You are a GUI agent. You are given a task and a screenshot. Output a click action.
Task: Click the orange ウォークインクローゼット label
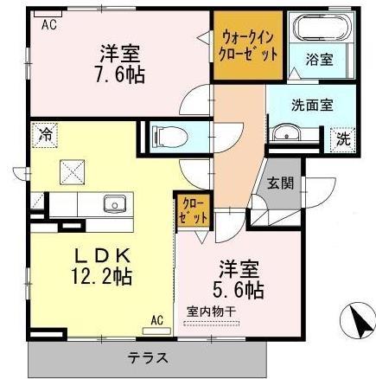click(248, 45)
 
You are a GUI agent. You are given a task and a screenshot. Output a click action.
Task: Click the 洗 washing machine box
click(342, 138)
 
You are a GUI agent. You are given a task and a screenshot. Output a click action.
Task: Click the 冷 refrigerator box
click(42, 133)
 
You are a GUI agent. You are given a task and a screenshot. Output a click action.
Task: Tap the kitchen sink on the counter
click(113, 205)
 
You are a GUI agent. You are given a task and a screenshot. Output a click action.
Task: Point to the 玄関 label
click(279, 183)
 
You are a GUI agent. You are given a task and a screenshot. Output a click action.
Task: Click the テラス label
click(149, 357)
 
